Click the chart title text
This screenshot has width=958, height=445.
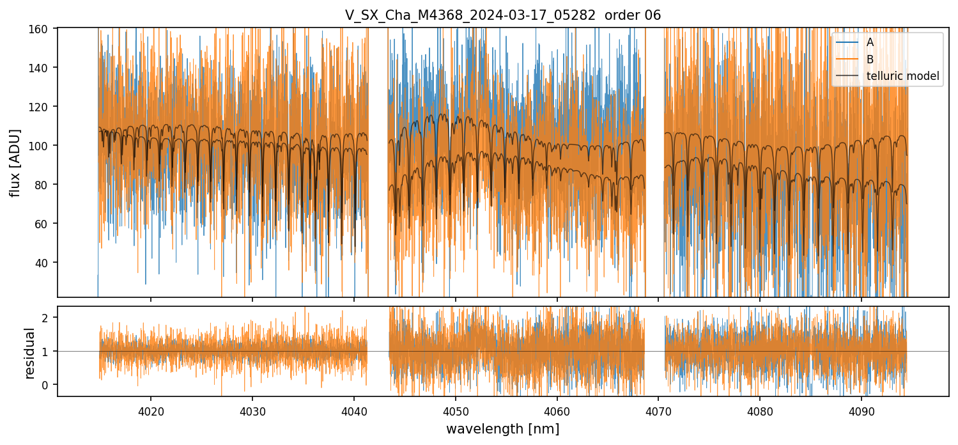point(502,15)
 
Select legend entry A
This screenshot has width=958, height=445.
point(870,43)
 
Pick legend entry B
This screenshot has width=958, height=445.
point(870,59)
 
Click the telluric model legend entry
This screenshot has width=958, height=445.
point(902,76)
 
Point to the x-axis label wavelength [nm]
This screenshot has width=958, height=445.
point(502,429)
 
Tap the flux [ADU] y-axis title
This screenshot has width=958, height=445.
point(15,162)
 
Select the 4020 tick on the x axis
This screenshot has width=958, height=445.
point(151,409)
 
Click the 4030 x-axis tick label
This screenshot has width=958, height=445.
point(252,409)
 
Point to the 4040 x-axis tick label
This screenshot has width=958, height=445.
point(354,409)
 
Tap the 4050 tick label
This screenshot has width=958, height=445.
point(455,409)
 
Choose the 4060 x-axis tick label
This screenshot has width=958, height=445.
point(557,409)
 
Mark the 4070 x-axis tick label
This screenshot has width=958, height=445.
point(658,409)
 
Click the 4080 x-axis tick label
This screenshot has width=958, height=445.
point(759,409)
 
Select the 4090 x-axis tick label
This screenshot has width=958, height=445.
point(861,409)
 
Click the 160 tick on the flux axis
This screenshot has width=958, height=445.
point(43,29)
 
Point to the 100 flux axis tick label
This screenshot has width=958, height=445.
point(43,146)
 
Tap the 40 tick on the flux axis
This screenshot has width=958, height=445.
point(46,263)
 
